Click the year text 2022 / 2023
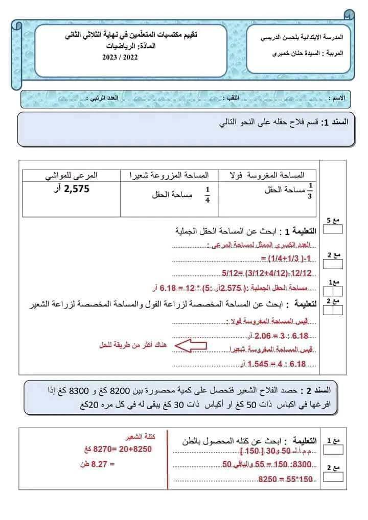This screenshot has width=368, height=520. pyautogui.click(x=120, y=58)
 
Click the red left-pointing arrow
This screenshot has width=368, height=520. pyautogui.click(x=191, y=345)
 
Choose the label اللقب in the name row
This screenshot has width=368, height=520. pyautogui.click(x=233, y=98)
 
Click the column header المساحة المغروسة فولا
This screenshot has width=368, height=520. pyautogui.click(x=268, y=175)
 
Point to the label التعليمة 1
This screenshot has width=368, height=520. pyautogui.click(x=301, y=231)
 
